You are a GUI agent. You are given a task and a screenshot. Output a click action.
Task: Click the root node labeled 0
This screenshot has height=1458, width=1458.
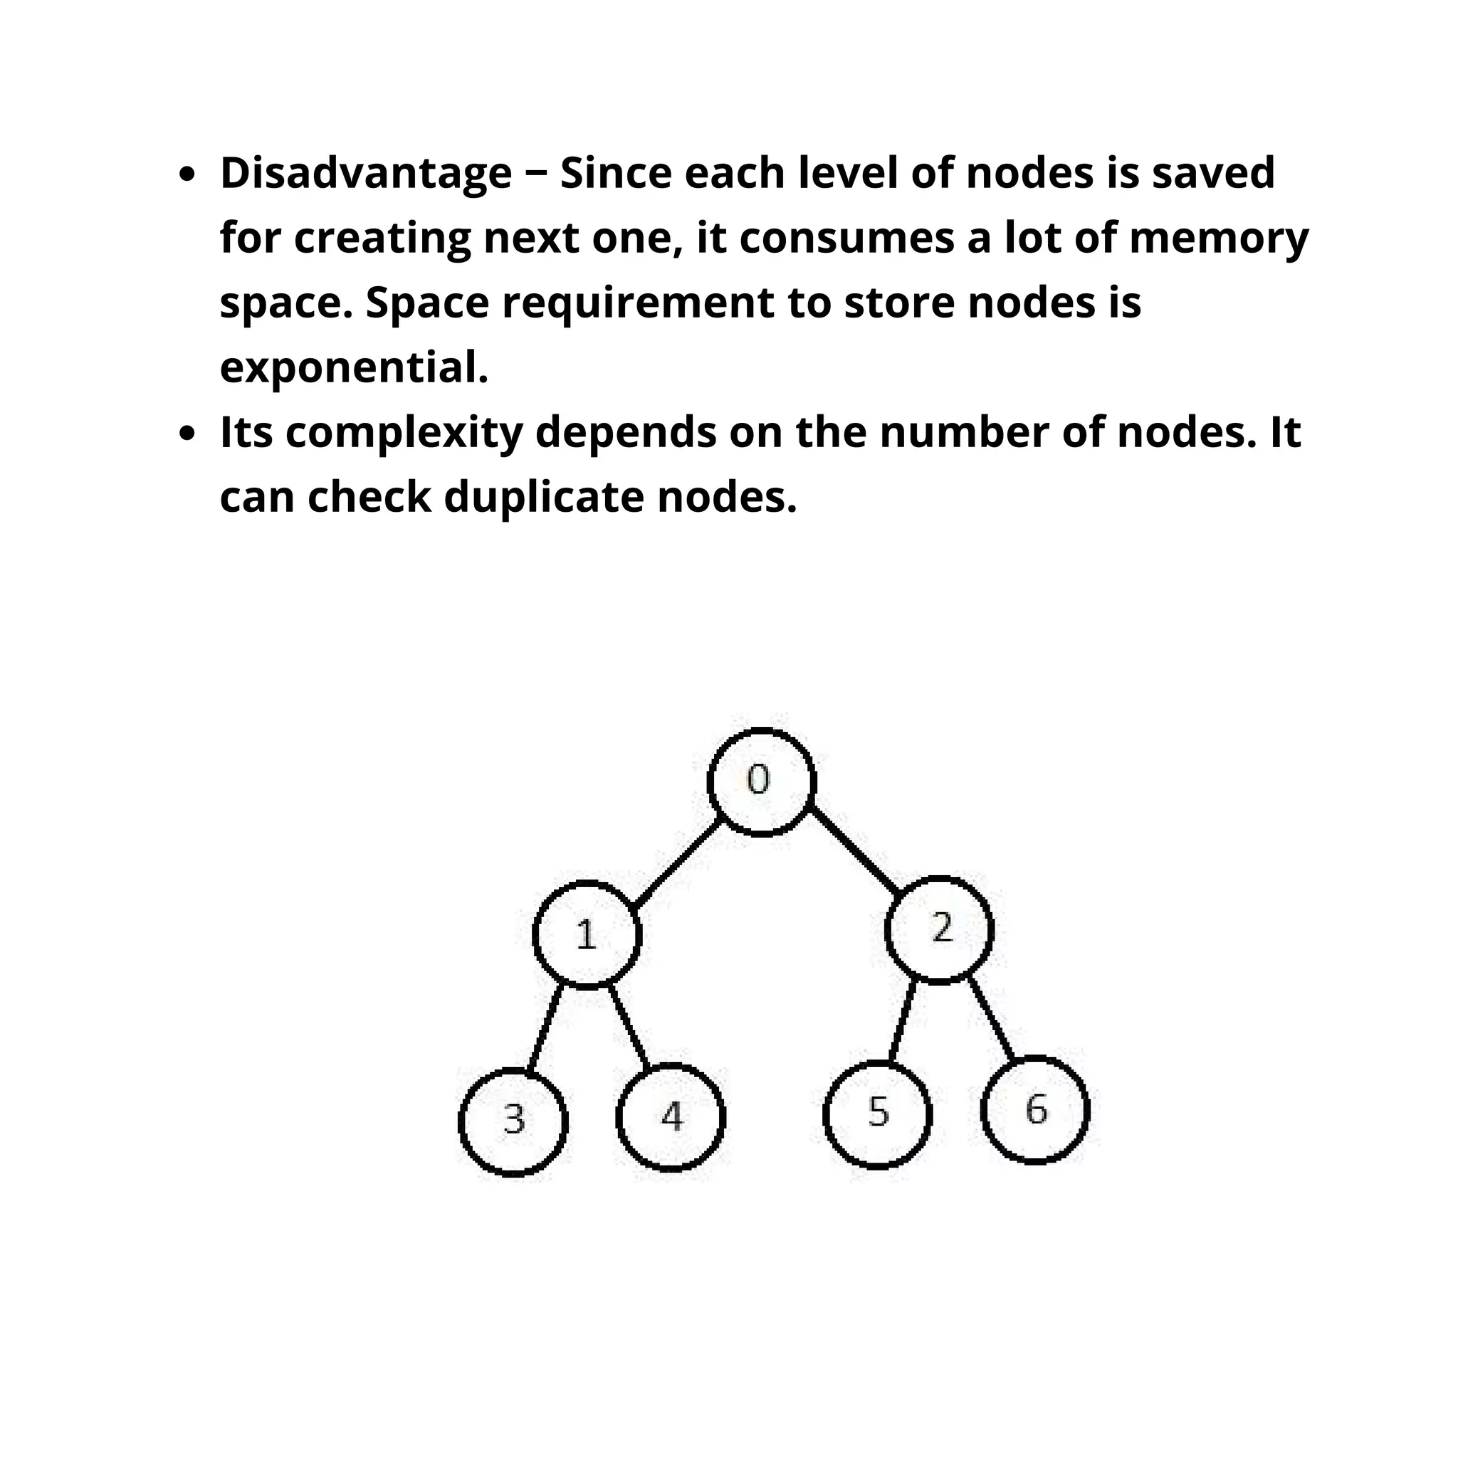(762, 782)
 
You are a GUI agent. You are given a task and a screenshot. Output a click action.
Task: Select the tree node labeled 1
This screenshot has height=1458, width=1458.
(587, 934)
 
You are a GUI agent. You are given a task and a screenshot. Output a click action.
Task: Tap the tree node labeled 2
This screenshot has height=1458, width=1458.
(939, 930)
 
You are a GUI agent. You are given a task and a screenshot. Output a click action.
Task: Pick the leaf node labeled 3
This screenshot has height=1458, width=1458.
(513, 1121)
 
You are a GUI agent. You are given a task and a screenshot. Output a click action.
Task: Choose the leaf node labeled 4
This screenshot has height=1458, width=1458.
(670, 1117)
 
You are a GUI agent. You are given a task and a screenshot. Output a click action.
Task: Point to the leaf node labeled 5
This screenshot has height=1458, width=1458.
(877, 1114)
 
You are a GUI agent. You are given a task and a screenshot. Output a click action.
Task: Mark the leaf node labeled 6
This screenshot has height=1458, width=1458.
(1034, 1110)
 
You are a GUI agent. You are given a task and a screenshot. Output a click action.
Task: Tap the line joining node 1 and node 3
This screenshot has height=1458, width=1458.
(545, 1028)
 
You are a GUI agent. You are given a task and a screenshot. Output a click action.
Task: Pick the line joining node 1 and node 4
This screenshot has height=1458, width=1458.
(629, 1027)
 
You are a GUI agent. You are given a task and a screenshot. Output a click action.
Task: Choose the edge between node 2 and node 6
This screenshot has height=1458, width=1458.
(991, 1018)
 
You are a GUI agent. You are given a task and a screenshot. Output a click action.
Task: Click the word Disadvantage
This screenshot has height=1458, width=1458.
(366, 174)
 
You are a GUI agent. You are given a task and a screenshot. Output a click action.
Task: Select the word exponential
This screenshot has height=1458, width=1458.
(354, 368)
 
